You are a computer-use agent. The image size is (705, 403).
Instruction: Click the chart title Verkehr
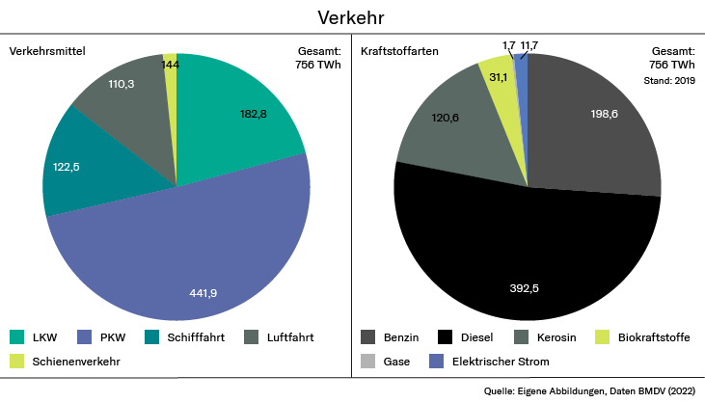coord(352,18)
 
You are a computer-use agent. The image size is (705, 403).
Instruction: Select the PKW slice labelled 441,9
coord(193,260)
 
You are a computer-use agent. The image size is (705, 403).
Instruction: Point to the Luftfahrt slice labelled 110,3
coord(121,96)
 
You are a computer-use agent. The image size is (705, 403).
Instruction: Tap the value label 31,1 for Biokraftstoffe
coord(499,77)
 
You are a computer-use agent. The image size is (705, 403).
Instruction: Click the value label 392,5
coord(527,287)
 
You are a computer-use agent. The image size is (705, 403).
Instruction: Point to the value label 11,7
coord(529,45)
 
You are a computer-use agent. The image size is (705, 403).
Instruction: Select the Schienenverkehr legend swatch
coord(17,362)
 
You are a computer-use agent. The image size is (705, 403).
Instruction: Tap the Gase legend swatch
coord(368,362)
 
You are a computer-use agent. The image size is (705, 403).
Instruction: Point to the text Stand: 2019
coord(669,81)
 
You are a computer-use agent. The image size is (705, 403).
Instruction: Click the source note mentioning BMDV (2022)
coord(590,391)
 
